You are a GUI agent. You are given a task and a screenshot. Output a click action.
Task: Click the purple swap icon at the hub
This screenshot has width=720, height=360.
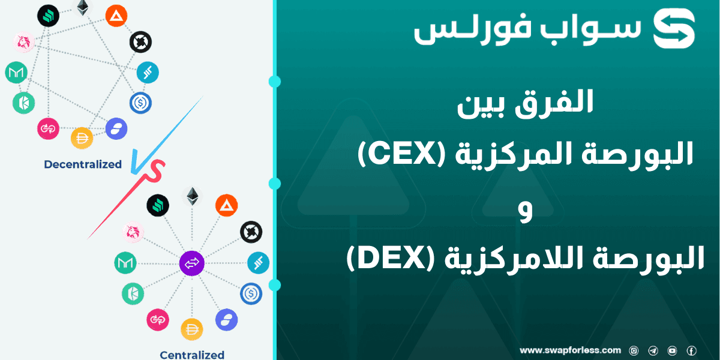pyautogui.click(x=192, y=263)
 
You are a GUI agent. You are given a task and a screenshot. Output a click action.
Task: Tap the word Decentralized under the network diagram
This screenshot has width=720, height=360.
pyautogui.click(x=83, y=164)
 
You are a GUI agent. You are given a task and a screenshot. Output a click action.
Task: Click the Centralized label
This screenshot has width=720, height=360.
pyautogui.click(x=192, y=355)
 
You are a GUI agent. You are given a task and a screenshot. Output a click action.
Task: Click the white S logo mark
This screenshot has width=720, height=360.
pyautogui.click(x=674, y=28)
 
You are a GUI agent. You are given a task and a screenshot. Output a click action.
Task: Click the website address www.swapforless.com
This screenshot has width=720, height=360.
pyautogui.click(x=570, y=350)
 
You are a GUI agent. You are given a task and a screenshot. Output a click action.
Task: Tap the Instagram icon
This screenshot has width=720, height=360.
pyautogui.click(x=634, y=350)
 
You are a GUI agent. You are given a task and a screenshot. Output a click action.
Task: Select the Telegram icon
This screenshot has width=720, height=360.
pyautogui.click(x=653, y=350)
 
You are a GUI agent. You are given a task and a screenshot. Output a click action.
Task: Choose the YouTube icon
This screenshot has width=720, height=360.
pyautogui.click(x=672, y=350)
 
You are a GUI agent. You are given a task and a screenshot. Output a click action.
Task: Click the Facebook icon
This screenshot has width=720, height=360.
pyautogui.click(x=691, y=350)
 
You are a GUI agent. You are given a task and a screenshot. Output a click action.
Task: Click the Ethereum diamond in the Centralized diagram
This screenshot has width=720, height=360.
pyautogui.click(x=192, y=196)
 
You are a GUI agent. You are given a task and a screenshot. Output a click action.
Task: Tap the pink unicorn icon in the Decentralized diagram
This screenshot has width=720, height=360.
pyautogui.click(x=24, y=41)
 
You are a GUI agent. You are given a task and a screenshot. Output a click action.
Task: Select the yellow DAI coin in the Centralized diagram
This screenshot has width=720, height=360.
pyautogui.click(x=192, y=329)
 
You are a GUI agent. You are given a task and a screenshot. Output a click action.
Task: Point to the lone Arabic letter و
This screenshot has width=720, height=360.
pyautogui.click(x=526, y=213)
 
